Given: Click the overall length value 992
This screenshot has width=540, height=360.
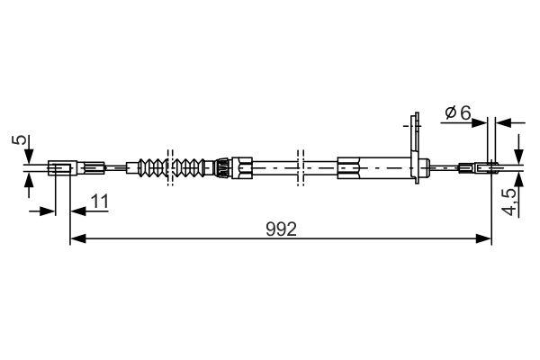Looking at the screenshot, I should pyautogui.click(x=281, y=229).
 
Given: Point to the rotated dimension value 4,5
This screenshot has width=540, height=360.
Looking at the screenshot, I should pyautogui.click(x=510, y=200).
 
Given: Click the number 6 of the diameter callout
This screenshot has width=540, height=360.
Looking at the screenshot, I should pyautogui.click(x=464, y=112).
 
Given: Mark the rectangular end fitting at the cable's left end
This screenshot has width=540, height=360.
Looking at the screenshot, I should pyautogui.click(x=59, y=166).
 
